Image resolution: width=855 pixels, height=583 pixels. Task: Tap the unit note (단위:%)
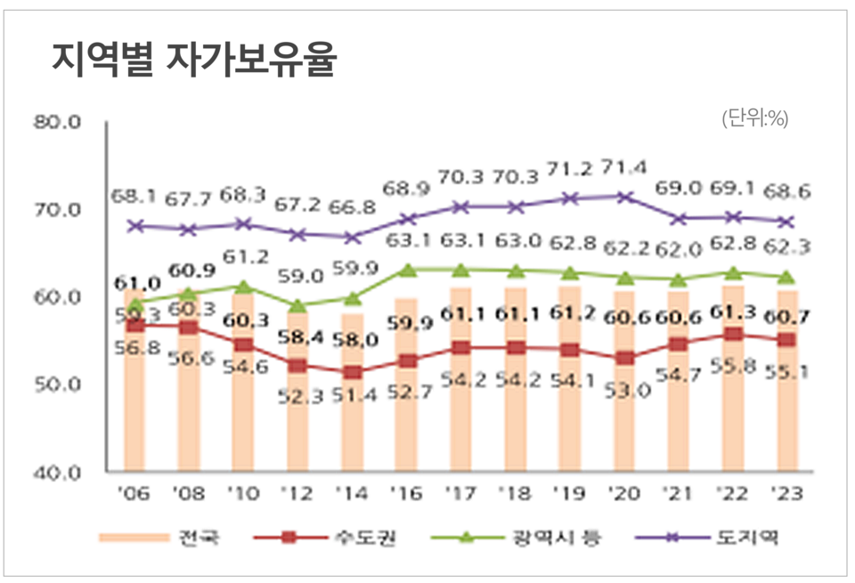pos(755,118)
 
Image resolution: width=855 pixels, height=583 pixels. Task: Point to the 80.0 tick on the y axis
pos(57,123)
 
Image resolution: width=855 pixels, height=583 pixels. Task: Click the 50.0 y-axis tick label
pos(57,385)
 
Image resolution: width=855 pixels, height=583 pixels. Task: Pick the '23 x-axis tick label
pos(785,492)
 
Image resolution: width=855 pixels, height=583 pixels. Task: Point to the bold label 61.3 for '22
pos(732,311)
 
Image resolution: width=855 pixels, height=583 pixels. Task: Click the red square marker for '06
pos(134,327)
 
